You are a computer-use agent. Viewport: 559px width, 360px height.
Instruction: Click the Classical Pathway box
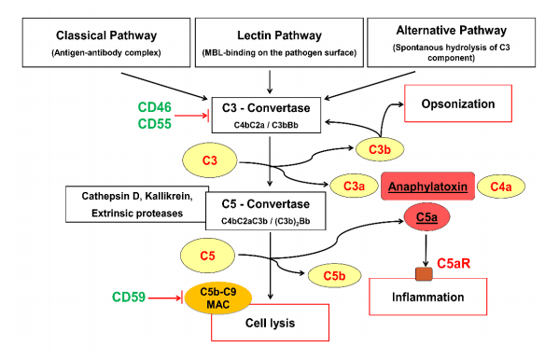(x=106, y=42)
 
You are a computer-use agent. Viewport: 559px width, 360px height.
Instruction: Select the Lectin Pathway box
(x=279, y=42)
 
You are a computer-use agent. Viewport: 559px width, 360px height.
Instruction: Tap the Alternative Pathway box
(x=452, y=42)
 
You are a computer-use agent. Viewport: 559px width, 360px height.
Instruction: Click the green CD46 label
(x=154, y=107)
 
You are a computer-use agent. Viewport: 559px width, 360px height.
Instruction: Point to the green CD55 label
(x=154, y=124)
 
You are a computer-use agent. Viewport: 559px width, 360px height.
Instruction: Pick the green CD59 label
(x=129, y=297)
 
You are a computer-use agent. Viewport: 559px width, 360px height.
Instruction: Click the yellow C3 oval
(x=210, y=160)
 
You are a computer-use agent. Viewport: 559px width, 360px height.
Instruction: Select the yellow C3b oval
(x=380, y=149)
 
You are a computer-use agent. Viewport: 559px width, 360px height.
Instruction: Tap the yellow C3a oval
(x=354, y=186)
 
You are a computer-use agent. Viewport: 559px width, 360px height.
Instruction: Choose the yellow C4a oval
(x=501, y=187)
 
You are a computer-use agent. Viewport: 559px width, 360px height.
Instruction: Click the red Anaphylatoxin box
(x=427, y=187)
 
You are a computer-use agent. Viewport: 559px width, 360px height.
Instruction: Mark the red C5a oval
(x=426, y=216)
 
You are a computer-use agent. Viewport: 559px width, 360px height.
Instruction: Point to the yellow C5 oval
(x=207, y=256)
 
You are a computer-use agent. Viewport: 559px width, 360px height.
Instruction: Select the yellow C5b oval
(x=334, y=275)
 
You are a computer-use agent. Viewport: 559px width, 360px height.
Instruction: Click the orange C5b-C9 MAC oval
(x=218, y=298)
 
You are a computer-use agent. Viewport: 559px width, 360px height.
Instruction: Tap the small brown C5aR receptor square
(x=425, y=274)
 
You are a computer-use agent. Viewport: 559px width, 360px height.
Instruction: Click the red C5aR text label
(x=454, y=263)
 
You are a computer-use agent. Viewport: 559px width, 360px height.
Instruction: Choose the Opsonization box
(x=458, y=104)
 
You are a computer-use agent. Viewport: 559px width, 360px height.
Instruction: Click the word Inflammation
(x=427, y=297)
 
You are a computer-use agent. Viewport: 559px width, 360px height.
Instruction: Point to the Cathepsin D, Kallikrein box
(x=137, y=204)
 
